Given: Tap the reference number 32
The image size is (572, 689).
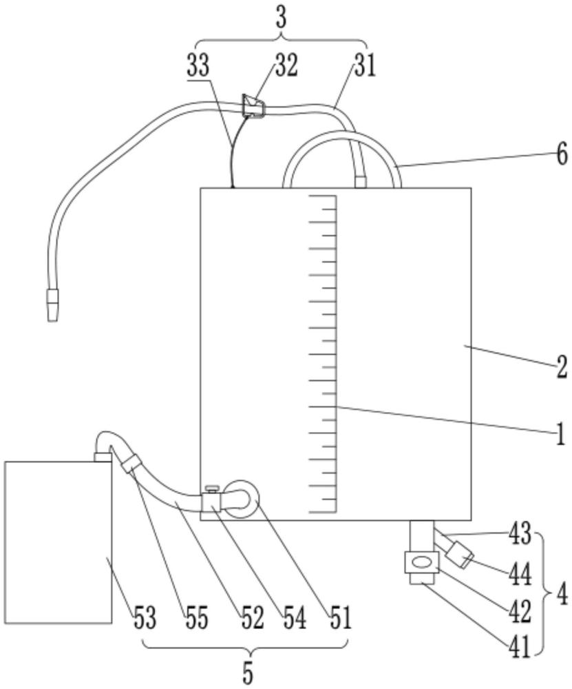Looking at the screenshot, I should click(284, 66).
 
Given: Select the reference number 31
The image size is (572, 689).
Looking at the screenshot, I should click(366, 67).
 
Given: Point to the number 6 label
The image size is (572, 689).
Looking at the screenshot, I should click(562, 154).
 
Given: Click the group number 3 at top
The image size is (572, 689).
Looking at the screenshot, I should click(281, 19).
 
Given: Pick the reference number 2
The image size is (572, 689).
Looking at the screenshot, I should click(562, 368).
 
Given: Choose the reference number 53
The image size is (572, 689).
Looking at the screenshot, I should click(145, 618).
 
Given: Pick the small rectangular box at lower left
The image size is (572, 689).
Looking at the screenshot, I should click(58, 542).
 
